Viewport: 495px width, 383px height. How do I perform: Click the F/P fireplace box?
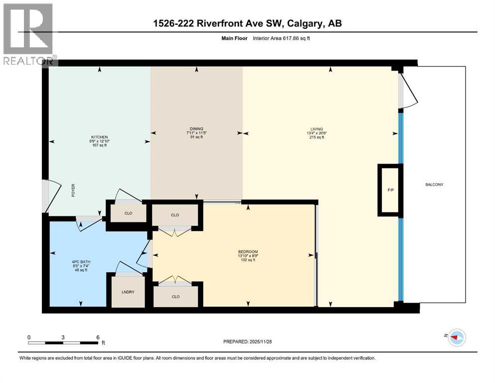point(390,190)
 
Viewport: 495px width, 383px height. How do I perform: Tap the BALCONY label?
point(434,185)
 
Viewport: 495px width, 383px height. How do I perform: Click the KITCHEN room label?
point(99,137)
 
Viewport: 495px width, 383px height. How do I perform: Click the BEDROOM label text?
point(248,251)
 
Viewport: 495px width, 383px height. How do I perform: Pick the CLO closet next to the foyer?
point(128,213)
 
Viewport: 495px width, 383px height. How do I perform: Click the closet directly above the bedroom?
point(175,215)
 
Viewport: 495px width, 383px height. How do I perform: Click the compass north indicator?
point(456,338)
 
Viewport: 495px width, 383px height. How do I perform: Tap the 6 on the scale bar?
point(98,337)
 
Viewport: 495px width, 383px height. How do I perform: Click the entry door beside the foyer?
point(45,196)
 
